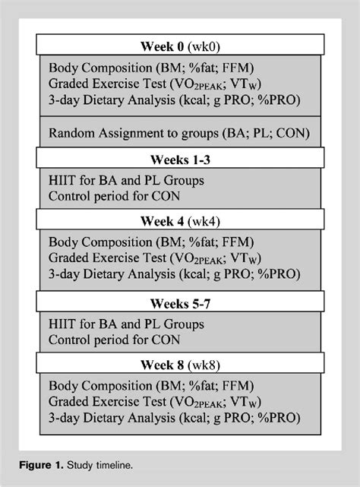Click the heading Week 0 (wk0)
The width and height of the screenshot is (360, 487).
point(180,46)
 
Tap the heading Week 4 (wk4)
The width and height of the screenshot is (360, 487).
point(180,222)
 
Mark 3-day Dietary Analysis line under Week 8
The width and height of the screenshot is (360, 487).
point(174,418)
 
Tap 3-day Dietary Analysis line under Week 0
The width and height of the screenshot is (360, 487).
point(174,99)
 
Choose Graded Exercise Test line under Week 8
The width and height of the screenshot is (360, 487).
point(163,402)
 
